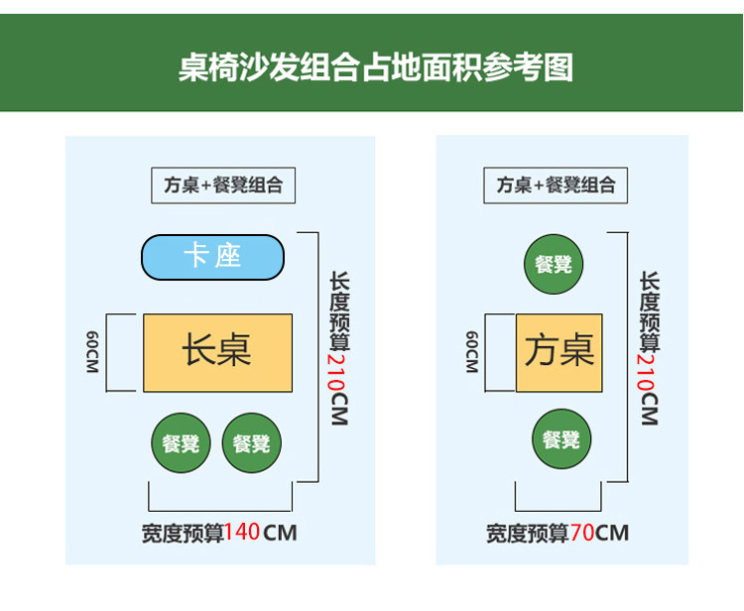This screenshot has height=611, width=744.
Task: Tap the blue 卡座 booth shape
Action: click(212, 257)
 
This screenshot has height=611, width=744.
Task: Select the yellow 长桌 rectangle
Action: click(217, 352)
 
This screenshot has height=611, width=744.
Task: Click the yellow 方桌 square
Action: click(559, 352)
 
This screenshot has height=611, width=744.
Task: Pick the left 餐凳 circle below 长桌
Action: click(181, 443)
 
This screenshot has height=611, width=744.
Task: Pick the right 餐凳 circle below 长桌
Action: click(252, 443)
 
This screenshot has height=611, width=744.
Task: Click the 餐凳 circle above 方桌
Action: click(554, 264)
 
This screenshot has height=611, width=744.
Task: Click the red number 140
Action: click(242, 533)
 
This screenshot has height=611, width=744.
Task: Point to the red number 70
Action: click(582, 533)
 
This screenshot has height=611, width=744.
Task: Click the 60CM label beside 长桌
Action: click(92, 352)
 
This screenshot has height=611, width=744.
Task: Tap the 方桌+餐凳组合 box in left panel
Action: click(223, 185)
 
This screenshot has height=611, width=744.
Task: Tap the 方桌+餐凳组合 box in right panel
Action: click(556, 185)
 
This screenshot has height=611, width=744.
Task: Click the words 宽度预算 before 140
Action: click(183, 533)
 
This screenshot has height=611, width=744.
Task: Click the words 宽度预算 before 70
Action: click(527, 533)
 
